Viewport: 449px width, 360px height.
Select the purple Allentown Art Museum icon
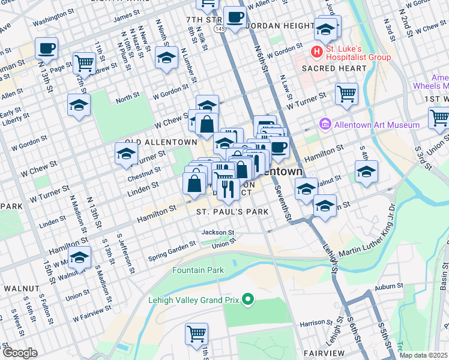[325, 125]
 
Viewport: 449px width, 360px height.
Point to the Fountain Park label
[198, 270]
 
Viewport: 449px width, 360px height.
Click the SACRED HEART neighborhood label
[334, 68]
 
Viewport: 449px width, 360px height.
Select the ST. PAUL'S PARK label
[228, 212]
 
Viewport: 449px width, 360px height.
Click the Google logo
[20, 353]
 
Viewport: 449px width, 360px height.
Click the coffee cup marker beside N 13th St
[46, 47]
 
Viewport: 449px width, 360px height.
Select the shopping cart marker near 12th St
[83, 62]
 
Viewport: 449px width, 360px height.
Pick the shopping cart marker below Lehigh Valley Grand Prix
[196, 334]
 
